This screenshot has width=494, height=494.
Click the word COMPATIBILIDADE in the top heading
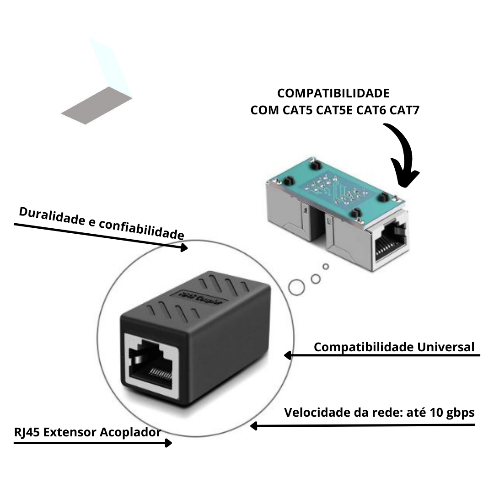pos(333,93)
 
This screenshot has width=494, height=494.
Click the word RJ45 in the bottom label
pos(26,432)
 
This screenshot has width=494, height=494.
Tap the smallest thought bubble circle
pos(326,266)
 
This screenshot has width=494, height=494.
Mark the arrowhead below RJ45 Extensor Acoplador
pos(168,443)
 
